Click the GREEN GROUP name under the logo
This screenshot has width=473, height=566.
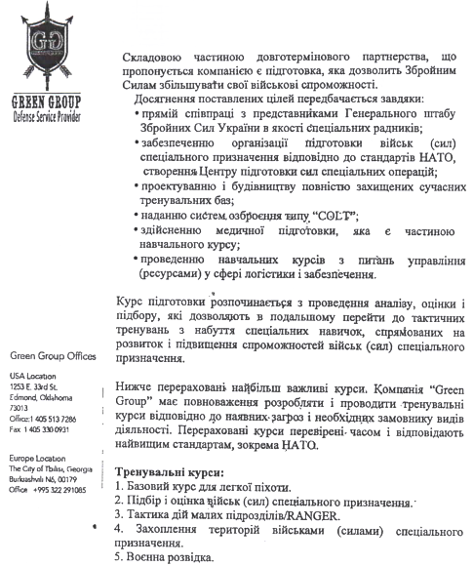click(x=43, y=101)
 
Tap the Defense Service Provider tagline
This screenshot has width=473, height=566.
click(x=43, y=114)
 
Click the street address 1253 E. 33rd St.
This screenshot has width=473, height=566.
click(x=35, y=386)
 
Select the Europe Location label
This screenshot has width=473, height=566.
click(x=37, y=458)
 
